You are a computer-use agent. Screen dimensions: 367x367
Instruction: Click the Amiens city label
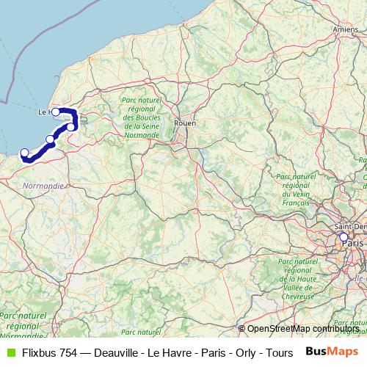pos(345,29)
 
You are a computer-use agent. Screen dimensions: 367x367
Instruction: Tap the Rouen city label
pos(184,123)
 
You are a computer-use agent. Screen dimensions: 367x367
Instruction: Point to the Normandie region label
pos(43,186)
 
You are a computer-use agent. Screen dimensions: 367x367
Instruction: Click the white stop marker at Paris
pos(343,238)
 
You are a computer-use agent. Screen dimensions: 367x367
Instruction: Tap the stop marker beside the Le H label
pos(55,112)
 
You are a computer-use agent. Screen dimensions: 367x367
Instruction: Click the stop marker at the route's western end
pos(24,153)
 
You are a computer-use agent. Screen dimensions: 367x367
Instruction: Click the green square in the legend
pos(10,352)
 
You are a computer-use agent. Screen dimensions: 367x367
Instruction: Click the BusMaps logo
pos(333,352)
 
